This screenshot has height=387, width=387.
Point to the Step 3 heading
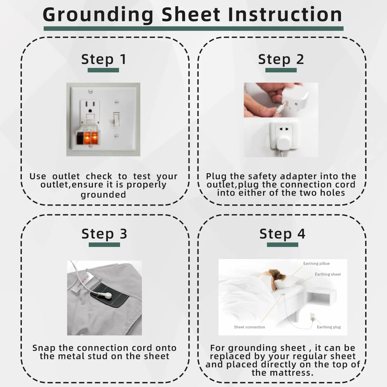tap(104, 234)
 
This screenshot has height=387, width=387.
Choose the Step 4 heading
tap(282, 234)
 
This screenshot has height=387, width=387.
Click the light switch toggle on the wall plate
tap(116, 119)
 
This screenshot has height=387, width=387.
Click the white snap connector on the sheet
tap(108, 295)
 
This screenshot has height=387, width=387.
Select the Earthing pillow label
tap(316, 264)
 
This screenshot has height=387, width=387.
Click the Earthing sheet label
tap(328, 274)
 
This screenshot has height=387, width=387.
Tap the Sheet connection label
tap(249, 327)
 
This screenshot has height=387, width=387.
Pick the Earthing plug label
tap(329, 327)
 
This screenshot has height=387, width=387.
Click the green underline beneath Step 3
tap(104, 245)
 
